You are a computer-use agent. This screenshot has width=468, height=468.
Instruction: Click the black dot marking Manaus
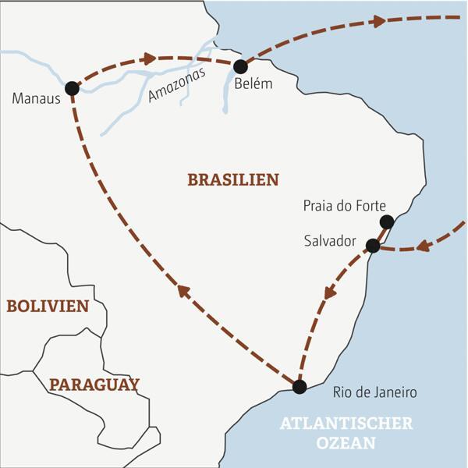point(72,88)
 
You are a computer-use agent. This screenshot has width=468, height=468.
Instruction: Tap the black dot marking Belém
point(240,66)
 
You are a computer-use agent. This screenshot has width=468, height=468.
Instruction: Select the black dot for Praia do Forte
point(386,222)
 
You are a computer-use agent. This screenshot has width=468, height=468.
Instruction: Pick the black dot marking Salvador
point(373,246)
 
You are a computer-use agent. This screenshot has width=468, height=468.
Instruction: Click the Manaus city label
point(37,99)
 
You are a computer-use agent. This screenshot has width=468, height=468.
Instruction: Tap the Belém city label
point(253,84)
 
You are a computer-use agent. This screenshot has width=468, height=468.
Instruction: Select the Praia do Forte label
point(343,207)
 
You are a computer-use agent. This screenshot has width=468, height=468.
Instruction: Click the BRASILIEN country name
point(233,180)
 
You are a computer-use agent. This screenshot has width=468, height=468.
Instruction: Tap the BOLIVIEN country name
point(48,307)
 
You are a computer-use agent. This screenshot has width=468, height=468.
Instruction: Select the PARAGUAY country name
point(94,385)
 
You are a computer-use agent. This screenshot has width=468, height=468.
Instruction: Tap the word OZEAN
point(346,444)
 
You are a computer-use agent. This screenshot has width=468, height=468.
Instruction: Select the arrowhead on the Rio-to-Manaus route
point(183,291)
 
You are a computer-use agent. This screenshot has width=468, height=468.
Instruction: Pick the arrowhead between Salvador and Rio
point(331,292)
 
